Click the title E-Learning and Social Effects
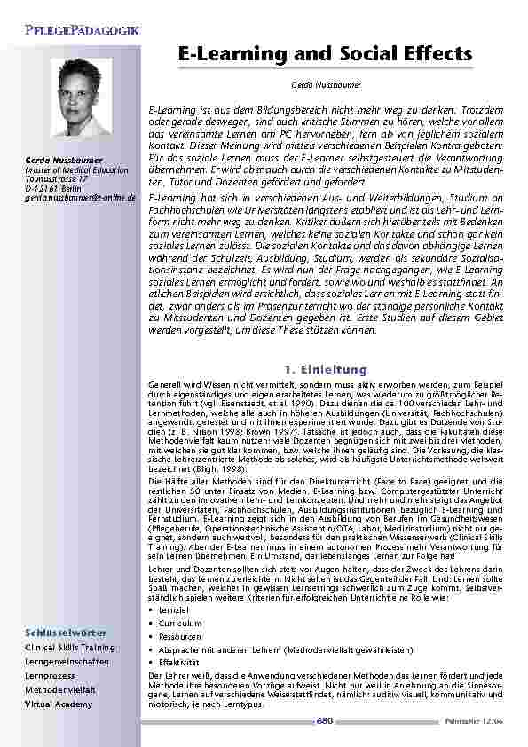coord(319,55)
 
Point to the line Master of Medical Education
coord(64,169)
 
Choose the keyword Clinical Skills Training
coord(69,648)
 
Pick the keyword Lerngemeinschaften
coord(67,662)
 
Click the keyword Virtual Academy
coord(58,704)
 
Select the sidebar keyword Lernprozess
coord(51,676)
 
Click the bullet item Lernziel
coord(174,611)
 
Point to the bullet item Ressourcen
coord(178,636)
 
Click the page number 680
coord(324,720)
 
